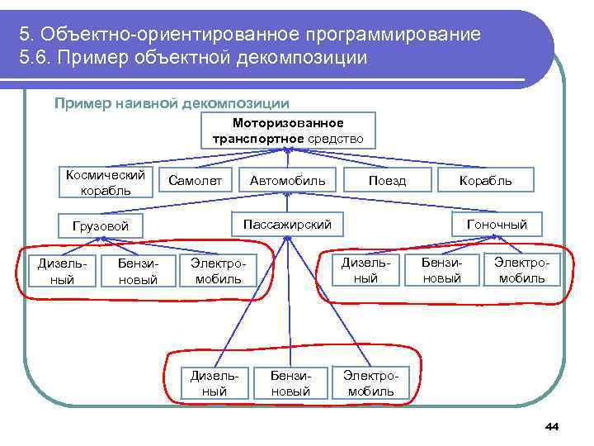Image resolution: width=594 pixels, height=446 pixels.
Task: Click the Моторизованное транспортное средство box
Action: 288,130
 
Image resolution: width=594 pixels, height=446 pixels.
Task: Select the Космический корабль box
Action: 105,183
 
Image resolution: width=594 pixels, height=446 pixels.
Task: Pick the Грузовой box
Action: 101,225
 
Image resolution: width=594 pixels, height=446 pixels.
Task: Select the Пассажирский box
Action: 287,224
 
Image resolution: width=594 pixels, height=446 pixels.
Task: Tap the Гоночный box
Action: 497,224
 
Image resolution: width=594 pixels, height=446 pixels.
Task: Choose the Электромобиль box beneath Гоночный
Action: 520,270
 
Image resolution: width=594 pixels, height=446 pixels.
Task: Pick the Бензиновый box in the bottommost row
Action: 290,382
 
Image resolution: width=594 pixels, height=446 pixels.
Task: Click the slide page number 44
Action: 552,426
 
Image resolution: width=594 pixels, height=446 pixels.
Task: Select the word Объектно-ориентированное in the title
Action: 168,36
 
